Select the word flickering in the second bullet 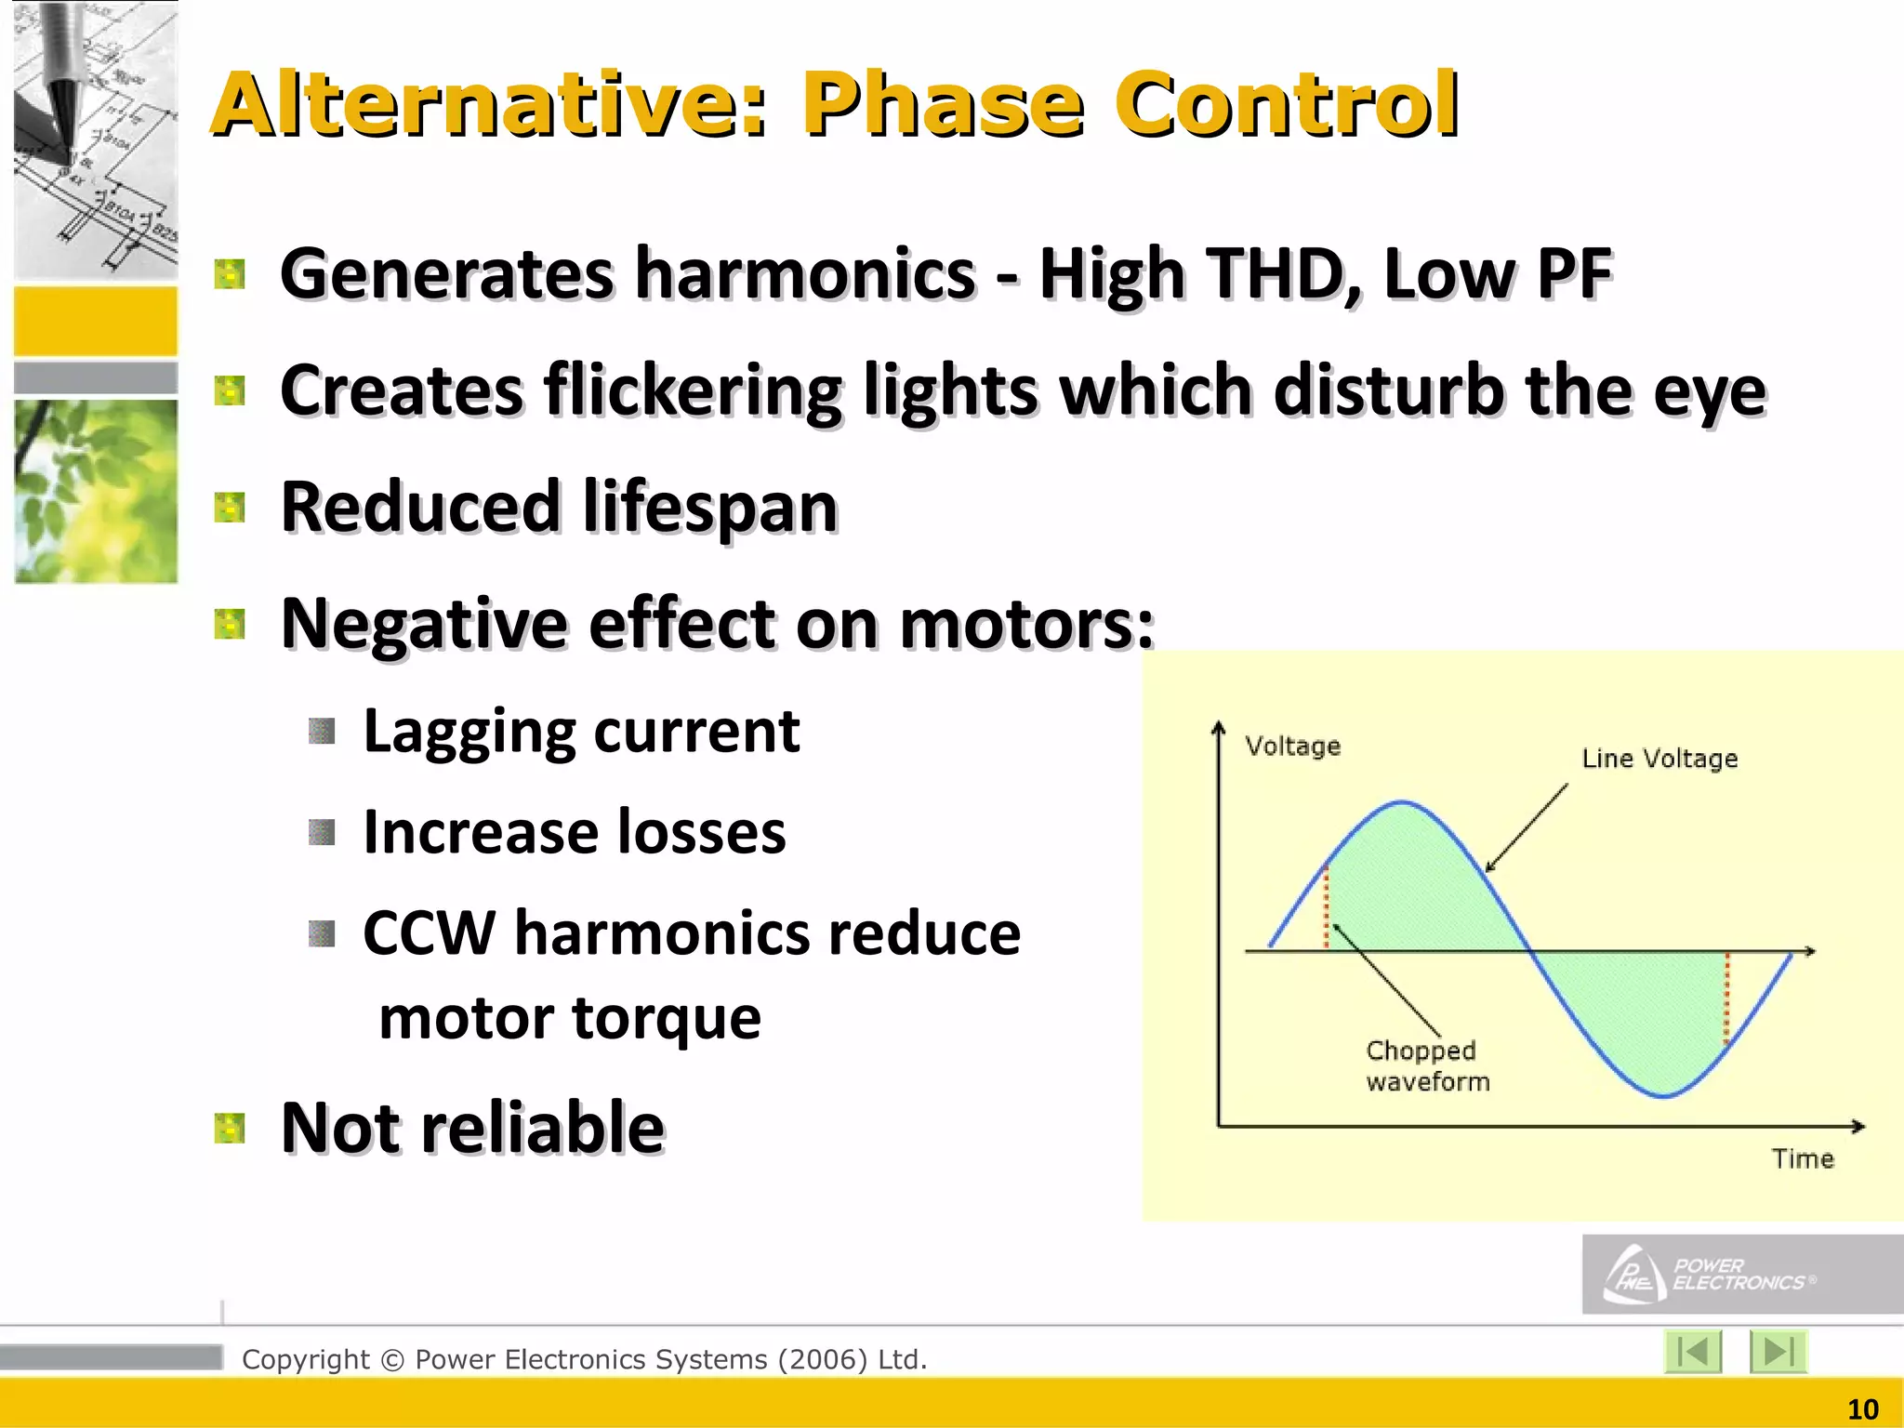pos(693,390)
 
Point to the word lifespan pos(710,508)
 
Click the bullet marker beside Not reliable pos(229,1129)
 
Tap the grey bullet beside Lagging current pos(322,732)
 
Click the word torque pos(667,1017)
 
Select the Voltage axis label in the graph pos(1292,746)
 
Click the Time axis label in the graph pos(1802,1158)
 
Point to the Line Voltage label pos(1659,759)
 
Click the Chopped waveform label pos(1426,1065)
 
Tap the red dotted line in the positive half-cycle pos(1327,907)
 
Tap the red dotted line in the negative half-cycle pos(1727,998)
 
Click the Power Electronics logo pos(1711,1274)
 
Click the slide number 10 pos(1862,1409)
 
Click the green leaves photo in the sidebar pos(96,491)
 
